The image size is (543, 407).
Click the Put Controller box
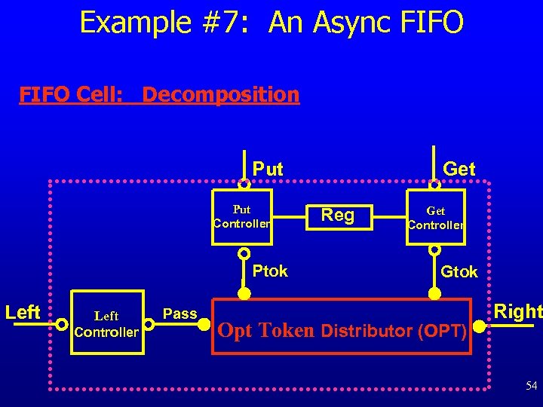(242, 216)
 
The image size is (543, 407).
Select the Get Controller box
(436, 217)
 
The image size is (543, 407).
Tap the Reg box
(338, 216)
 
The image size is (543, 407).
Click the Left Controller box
(106, 323)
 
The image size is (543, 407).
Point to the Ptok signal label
(270, 271)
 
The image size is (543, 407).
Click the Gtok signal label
(459, 272)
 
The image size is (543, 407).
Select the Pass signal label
(179, 314)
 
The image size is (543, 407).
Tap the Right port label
(518, 311)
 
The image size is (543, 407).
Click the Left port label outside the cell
(23, 312)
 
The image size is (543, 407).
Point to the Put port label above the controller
(268, 170)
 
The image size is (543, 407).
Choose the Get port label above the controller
(459, 170)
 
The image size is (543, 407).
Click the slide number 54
(531, 386)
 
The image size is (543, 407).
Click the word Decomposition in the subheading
(220, 95)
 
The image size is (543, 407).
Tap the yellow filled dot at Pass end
(204, 324)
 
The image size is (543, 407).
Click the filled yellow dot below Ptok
(244, 293)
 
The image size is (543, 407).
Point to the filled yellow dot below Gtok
(435, 293)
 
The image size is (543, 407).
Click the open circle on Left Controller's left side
(62, 324)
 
